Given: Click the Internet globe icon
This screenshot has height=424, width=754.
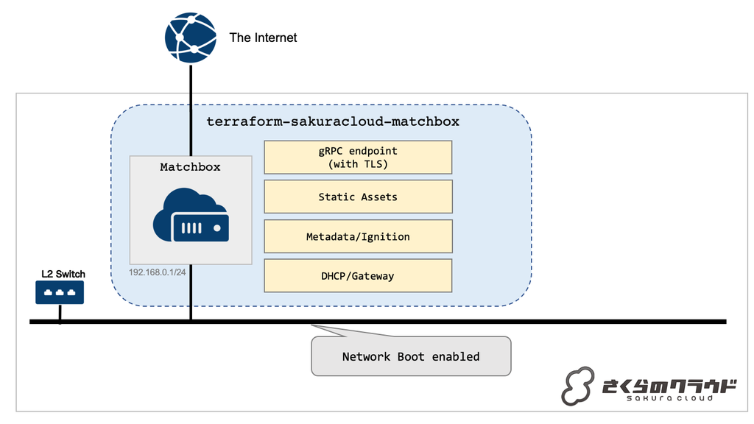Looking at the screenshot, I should (x=191, y=37).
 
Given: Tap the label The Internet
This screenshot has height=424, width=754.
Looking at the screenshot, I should (x=263, y=38).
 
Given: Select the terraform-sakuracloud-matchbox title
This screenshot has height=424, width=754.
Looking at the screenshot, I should (x=332, y=121).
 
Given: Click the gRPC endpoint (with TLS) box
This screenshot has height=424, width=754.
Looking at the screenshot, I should (x=358, y=158).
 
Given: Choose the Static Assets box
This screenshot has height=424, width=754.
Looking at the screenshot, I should (x=358, y=197).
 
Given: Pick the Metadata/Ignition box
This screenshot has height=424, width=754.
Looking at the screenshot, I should (x=358, y=237).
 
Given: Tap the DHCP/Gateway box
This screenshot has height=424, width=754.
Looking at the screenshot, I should (x=358, y=276).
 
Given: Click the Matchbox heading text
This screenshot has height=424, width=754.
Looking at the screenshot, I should (x=190, y=167).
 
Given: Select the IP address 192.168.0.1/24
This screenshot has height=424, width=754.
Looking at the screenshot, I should (x=158, y=270).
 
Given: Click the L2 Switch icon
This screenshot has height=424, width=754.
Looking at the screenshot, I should (x=60, y=293).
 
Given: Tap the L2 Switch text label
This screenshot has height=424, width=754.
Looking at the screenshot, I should (x=63, y=274).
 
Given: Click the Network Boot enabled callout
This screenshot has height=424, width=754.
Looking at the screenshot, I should (x=411, y=356).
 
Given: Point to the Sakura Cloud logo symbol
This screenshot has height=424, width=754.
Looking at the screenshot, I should (x=578, y=386).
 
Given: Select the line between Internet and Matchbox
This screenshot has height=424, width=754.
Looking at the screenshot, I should (x=191, y=110).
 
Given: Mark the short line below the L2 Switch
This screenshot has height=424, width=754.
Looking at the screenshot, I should (x=60, y=313).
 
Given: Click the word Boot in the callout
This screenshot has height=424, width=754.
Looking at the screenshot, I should (x=411, y=357).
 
